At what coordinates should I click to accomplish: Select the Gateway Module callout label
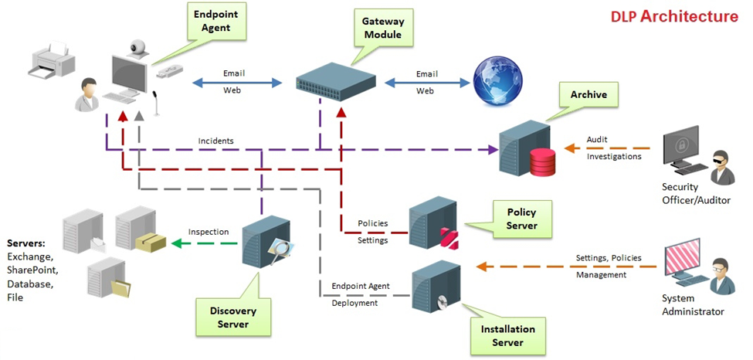click(383, 29)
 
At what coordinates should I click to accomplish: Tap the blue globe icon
click(494, 80)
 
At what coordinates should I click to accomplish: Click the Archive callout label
click(588, 96)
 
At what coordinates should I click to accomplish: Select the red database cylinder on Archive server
click(542, 162)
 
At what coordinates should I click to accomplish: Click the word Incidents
click(215, 141)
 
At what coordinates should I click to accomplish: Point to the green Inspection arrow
click(205, 243)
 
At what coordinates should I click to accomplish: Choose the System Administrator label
click(693, 305)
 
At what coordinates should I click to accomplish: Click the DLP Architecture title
click(674, 16)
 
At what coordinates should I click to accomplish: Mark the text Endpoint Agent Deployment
click(361, 294)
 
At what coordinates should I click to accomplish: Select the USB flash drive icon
click(170, 72)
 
